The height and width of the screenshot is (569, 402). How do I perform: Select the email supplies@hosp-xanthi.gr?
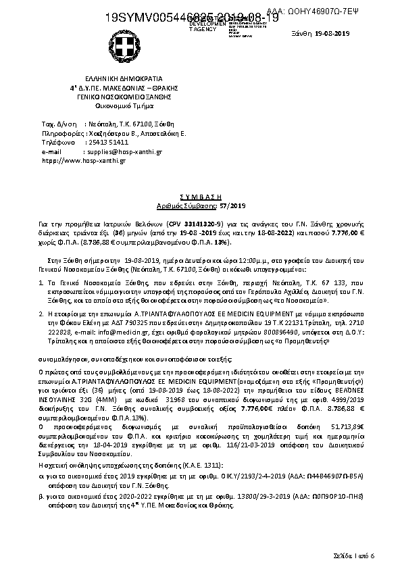click(x=123, y=152)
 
